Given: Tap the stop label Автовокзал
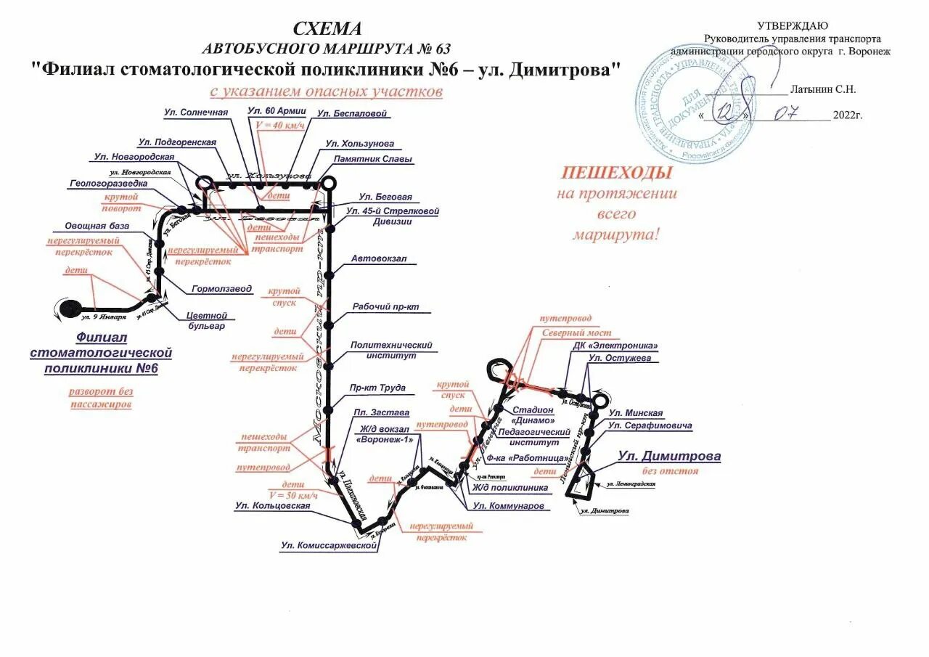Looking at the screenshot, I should coord(379,258).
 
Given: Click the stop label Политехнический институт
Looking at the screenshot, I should coord(392,351).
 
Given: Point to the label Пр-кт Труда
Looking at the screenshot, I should coord(377,388).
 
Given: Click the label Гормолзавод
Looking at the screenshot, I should coord(222,289).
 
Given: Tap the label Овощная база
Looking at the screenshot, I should coord(97,226).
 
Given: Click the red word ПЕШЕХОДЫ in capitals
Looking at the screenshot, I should coord(616,173).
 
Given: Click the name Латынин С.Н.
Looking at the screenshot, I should coord(822,89).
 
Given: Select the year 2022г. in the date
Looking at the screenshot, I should coord(848,115).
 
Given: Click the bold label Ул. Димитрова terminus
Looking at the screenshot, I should coord(669,457).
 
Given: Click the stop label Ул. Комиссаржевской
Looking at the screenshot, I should coord(330,545).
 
